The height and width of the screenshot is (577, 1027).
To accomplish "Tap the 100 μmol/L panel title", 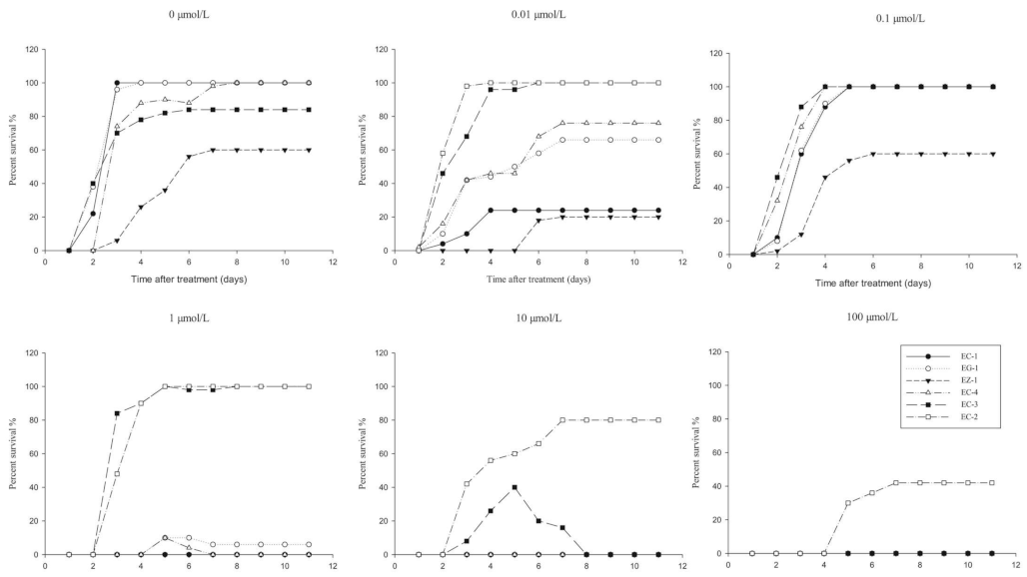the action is coord(851,316).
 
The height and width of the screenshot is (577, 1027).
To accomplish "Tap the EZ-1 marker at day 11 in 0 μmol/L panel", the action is coord(310,150).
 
